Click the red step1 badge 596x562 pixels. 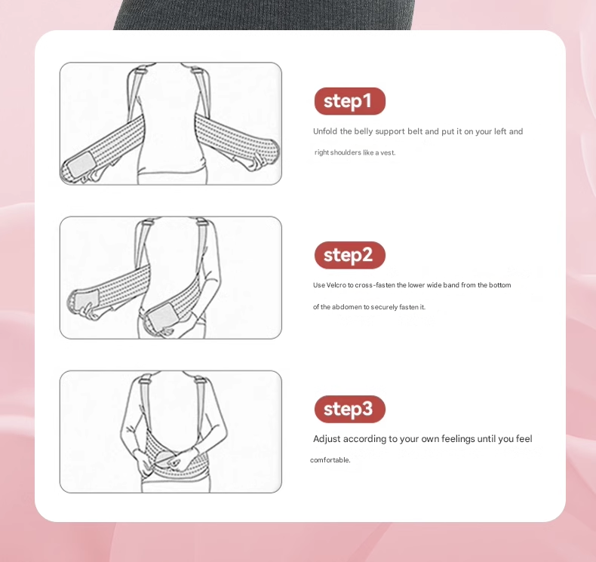[350, 101]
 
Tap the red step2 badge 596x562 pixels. [350, 255]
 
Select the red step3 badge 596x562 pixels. [350, 410]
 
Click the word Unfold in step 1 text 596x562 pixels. [325, 131]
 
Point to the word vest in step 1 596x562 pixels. [388, 152]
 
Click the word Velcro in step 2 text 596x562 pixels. [336, 285]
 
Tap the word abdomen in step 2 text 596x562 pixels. [346, 307]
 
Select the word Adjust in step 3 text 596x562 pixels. [327, 439]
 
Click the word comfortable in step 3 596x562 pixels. [330, 460]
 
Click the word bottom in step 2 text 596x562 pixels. [500, 285]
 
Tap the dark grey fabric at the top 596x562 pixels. [263, 14]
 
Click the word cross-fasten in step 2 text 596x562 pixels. [375, 285]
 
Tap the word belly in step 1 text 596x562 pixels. [363, 132]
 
